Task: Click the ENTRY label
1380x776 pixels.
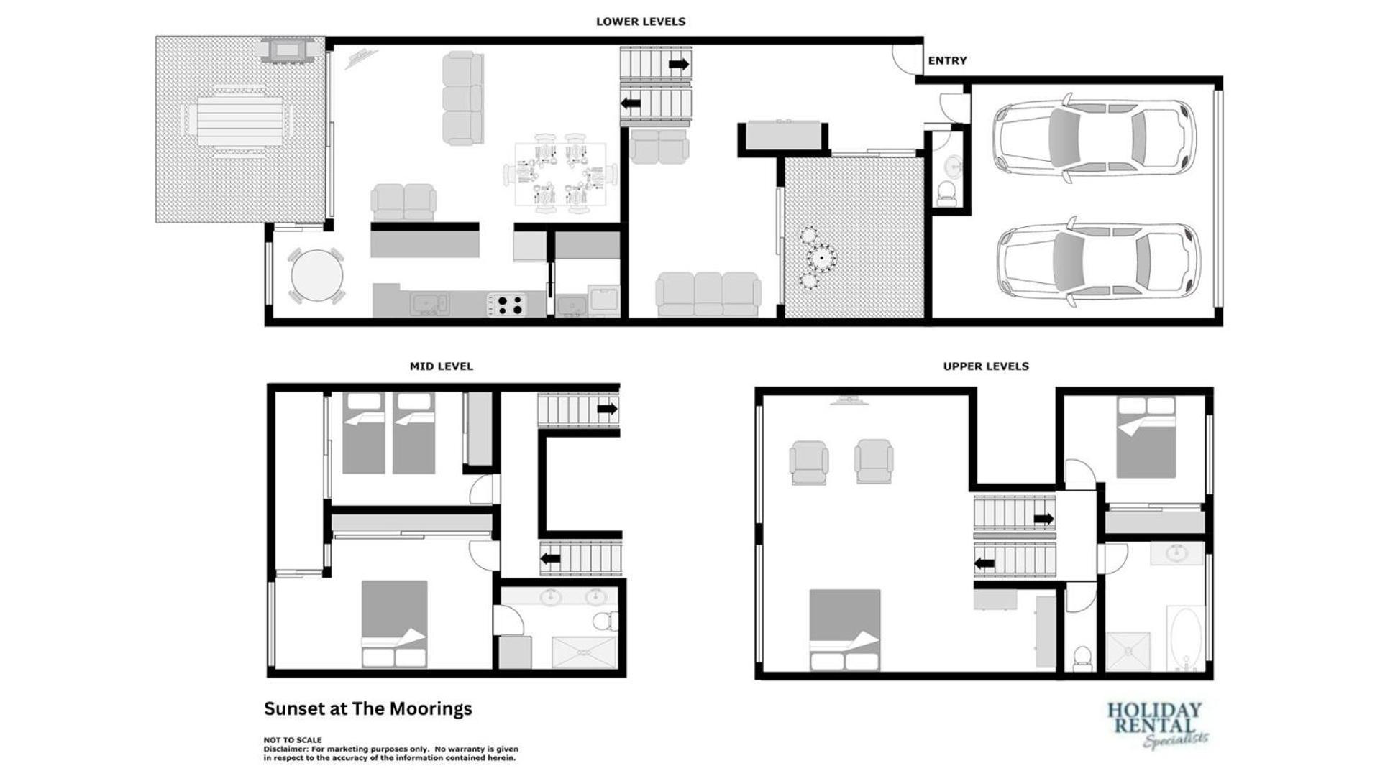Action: [x=947, y=60]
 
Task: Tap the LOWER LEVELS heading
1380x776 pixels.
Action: [x=641, y=22]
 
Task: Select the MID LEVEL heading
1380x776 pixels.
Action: [x=442, y=366]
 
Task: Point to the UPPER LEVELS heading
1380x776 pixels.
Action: [x=986, y=366]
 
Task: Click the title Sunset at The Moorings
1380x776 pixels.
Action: [x=368, y=709]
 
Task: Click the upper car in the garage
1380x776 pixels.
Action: [x=1095, y=138]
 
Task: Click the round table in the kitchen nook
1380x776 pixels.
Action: [x=316, y=276]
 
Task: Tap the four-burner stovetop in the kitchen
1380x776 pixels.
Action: [x=508, y=305]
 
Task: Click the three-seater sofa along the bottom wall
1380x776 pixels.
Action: [x=708, y=294]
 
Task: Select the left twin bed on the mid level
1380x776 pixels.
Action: [x=363, y=433]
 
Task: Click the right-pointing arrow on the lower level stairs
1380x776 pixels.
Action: [x=679, y=65]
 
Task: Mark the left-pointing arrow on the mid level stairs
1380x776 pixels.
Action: [x=551, y=559]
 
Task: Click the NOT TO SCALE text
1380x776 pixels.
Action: [x=293, y=740]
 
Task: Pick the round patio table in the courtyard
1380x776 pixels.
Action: [x=820, y=257]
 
